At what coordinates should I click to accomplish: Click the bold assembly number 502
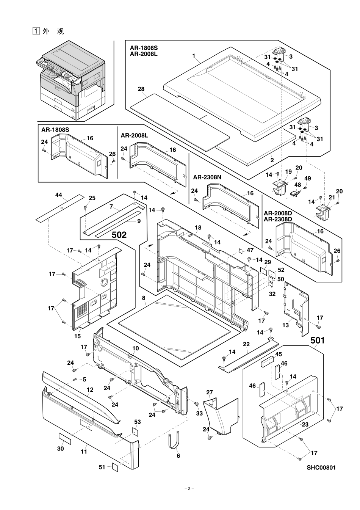119,235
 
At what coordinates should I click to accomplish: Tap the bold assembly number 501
318,341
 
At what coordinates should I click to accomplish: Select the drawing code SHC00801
321,468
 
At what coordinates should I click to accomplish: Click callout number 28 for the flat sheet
141,89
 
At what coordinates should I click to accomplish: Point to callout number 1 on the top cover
194,56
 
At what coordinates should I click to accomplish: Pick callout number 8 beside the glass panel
144,298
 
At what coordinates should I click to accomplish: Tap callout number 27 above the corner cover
210,392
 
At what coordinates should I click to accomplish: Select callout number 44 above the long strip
58,195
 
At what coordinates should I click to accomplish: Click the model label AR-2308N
208,177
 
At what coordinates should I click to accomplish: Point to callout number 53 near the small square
137,422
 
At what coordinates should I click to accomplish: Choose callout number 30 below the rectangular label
60,449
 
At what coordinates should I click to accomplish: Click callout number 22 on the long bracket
246,344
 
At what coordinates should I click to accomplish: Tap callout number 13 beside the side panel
286,325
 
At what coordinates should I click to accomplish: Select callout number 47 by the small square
250,250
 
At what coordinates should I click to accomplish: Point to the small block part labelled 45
267,360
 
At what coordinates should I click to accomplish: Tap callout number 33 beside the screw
199,414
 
